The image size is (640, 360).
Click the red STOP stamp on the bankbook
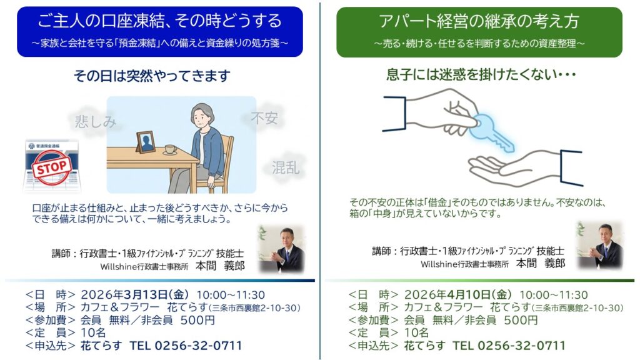tap(52, 167)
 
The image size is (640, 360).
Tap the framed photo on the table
tap(145, 142)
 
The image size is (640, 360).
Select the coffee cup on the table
tap(170, 149)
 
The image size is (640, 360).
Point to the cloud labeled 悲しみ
tap(95, 121)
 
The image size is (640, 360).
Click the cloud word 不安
tap(264, 118)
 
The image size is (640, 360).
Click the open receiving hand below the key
tap(518, 167)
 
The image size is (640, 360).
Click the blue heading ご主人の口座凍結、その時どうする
tap(159, 21)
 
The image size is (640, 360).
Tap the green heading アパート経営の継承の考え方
tap(479, 21)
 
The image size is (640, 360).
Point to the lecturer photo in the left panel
tap(282, 249)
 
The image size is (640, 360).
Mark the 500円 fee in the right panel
tap(521, 320)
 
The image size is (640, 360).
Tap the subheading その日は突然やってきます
tap(152, 76)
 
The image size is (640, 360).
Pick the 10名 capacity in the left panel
tap(94, 332)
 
